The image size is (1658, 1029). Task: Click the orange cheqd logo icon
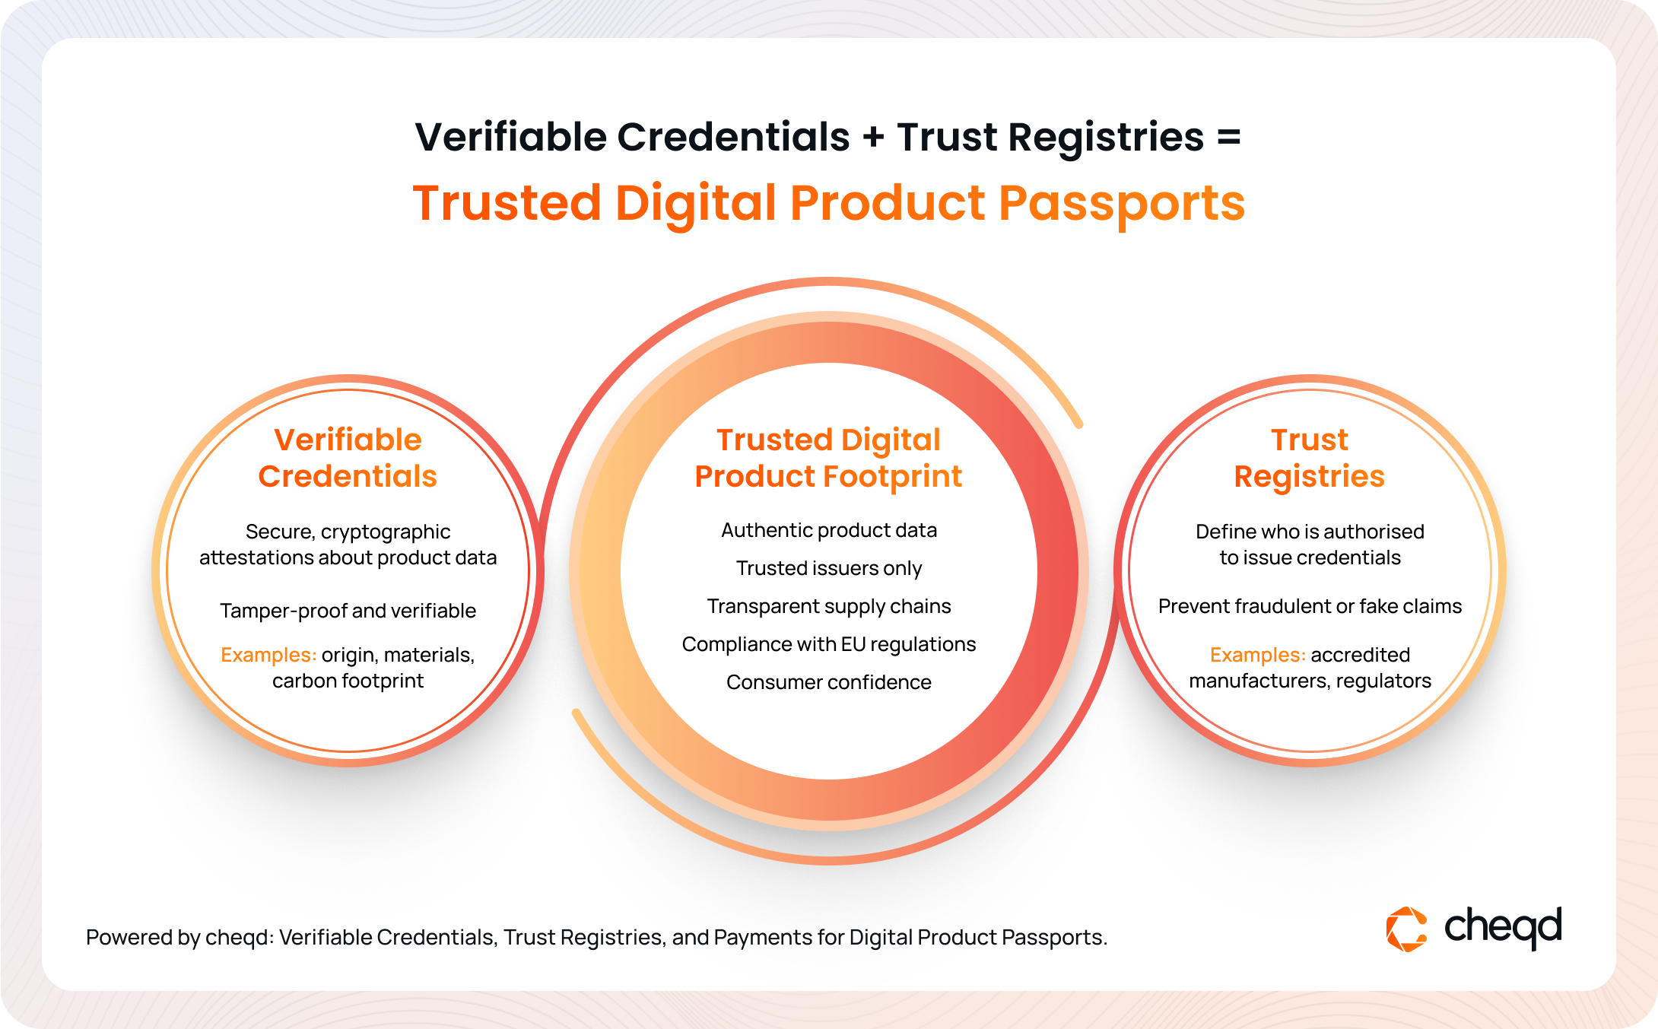[x=1406, y=929]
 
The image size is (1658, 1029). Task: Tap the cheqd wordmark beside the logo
[x=1503, y=928]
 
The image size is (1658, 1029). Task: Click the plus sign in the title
[x=874, y=138]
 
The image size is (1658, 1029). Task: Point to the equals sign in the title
[x=1229, y=138]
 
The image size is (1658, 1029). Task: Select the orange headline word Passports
[x=1122, y=204]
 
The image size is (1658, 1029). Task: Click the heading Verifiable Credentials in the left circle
[x=348, y=458]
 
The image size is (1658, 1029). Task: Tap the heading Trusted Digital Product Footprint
[x=828, y=458]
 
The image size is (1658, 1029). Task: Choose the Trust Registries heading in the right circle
[x=1310, y=458]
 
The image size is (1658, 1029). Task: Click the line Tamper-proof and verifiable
[x=348, y=611]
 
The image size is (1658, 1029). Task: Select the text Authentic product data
[x=829, y=530]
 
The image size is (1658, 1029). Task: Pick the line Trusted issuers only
[x=829, y=568]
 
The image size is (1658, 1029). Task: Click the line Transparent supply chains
[x=829, y=606]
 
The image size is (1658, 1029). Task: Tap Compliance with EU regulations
[x=829, y=644]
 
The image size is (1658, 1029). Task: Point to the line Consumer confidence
[x=829, y=682]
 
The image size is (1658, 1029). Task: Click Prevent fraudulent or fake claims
[x=1310, y=606]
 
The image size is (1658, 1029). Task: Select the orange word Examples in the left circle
[x=268, y=655]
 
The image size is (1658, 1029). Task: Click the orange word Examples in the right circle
[x=1258, y=655]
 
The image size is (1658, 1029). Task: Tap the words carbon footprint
[x=348, y=681]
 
